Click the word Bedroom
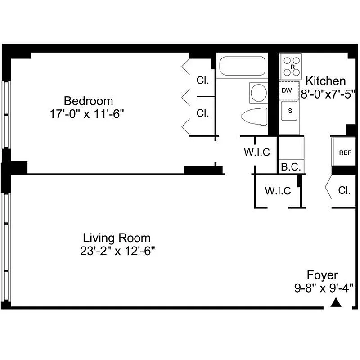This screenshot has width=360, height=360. pos(88,101)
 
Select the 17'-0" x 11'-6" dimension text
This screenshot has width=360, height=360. pos(87,114)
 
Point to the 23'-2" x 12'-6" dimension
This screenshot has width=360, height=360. pos(117,251)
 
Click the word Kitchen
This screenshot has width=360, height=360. pos(326,81)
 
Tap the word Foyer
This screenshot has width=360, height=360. pos(322,275)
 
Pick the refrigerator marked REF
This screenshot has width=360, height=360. pos(345,153)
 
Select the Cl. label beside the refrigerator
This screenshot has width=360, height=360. pos(344,190)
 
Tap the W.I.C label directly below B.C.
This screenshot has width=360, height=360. pos(278,191)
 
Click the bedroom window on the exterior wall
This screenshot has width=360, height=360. pos(6,115)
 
